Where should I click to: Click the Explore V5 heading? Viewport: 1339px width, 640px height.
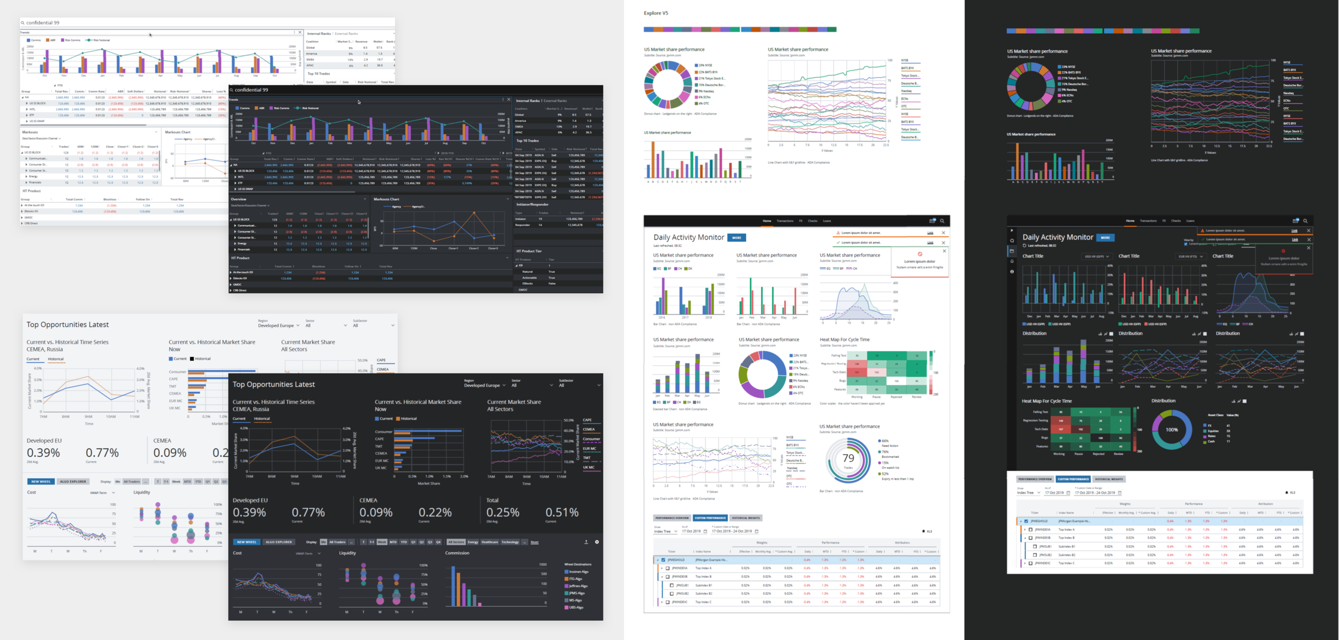point(656,13)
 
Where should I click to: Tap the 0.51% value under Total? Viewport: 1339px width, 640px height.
point(562,512)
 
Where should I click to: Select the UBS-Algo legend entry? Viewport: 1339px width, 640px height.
point(576,607)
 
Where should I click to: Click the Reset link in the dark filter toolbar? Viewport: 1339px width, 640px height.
point(535,542)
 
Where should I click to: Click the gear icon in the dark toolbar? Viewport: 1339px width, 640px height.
point(597,542)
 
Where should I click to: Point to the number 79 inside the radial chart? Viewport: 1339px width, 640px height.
point(848,458)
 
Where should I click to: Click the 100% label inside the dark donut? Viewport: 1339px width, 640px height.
point(1172,430)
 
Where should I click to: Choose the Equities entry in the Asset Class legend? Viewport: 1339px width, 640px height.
point(1213,431)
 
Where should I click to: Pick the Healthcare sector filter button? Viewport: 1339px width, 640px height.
point(490,542)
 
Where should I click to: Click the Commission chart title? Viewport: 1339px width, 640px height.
point(457,553)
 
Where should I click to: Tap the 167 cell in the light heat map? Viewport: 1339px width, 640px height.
point(857,372)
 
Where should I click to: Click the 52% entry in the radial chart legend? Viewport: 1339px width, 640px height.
point(885,474)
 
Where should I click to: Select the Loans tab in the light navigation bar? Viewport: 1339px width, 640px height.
point(827,221)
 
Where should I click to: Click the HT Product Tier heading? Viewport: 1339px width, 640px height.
point(529,251)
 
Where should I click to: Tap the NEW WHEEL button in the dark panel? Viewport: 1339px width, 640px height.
point(247,542)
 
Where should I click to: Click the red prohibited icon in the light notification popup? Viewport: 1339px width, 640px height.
point(920,254)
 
